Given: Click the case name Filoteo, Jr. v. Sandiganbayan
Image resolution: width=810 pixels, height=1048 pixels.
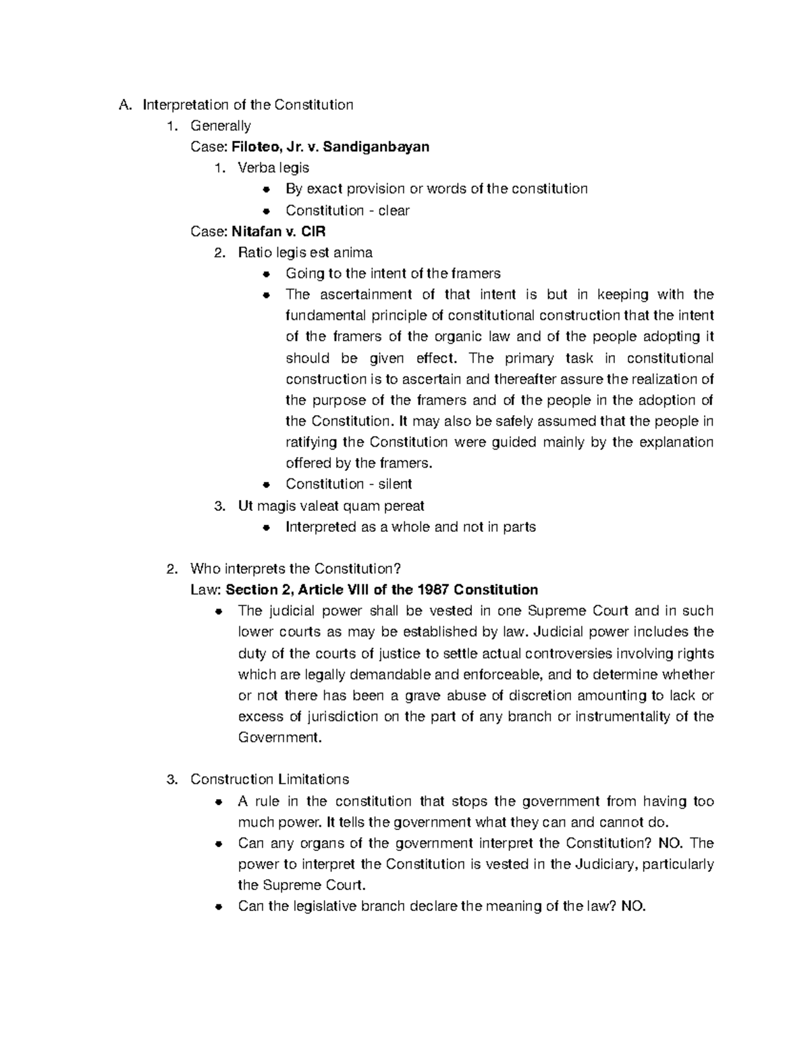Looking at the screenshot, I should pyautogui.click(x=330, y=146).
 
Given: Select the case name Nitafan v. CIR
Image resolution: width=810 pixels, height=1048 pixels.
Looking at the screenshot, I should pyautogui.click(x=278, y=231).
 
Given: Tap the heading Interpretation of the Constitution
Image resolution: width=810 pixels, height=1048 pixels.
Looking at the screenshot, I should pyautogui.click(x=248, y=105).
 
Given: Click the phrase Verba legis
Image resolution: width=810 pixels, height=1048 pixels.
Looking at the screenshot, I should pyautogui.click(x=273, y=168).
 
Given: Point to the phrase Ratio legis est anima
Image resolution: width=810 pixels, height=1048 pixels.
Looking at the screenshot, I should pyautogui.click(x=305, y=252).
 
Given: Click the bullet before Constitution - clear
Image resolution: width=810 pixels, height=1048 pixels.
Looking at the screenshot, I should pyautogui.click(x=267, y=211).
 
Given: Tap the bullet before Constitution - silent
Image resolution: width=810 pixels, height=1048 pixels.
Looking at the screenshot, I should pyautogui.click(x=267, y=485).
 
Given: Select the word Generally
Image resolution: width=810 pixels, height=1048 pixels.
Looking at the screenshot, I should pyautogui.click(x=221, y=126).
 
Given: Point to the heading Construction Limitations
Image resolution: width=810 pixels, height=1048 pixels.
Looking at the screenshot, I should pyautogui.click(x=269, y=779).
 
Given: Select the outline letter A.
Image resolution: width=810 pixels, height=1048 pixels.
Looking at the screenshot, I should pyautogui.click(x=122, y=105).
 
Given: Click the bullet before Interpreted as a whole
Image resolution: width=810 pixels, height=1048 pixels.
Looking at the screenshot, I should pyautogui.click(x=267, y=527).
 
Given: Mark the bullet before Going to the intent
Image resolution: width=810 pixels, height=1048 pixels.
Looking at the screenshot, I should pyautogui.click(x=267, y=274).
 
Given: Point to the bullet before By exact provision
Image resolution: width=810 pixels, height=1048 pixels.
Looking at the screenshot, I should pyautogui.click(x=267, y=190).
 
